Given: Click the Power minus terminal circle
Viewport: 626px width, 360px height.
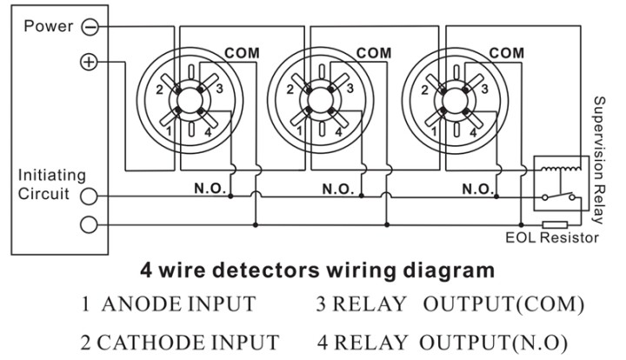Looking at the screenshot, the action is click(90, 27).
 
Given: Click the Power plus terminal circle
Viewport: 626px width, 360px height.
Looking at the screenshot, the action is click(89, 62).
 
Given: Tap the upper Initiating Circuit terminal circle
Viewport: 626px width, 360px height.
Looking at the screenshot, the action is click(89, 196).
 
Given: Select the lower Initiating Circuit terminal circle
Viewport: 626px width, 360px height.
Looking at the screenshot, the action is click(89, 224).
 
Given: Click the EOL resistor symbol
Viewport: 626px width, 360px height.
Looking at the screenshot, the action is click(555, 224).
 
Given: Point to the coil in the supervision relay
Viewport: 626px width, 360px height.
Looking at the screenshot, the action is click(561, 170).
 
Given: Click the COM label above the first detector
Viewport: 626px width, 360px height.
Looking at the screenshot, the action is click(242, 53).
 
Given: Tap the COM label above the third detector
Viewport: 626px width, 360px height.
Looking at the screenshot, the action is click(506, 53).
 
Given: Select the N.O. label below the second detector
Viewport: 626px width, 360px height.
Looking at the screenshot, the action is click(338, 189).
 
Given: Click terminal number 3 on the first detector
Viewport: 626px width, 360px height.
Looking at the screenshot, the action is click(219, 89).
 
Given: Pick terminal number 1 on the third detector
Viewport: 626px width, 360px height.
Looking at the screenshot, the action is click(434, 131).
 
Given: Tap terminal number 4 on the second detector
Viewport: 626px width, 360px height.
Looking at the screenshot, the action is click(338, 131).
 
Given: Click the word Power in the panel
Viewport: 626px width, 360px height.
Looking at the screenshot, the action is click(49, 26).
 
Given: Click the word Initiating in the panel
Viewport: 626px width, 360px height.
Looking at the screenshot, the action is click(52, 175).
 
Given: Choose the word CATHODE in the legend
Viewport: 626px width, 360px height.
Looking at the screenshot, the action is click(150, 343).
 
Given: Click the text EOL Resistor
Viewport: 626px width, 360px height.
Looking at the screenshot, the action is click(552, 238).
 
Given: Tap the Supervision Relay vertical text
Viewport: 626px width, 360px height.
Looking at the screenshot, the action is click(599, 160).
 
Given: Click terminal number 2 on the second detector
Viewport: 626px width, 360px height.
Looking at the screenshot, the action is click(290, 90).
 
